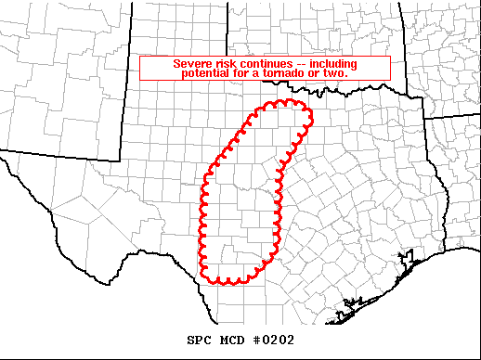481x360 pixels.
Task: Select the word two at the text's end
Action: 349,72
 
